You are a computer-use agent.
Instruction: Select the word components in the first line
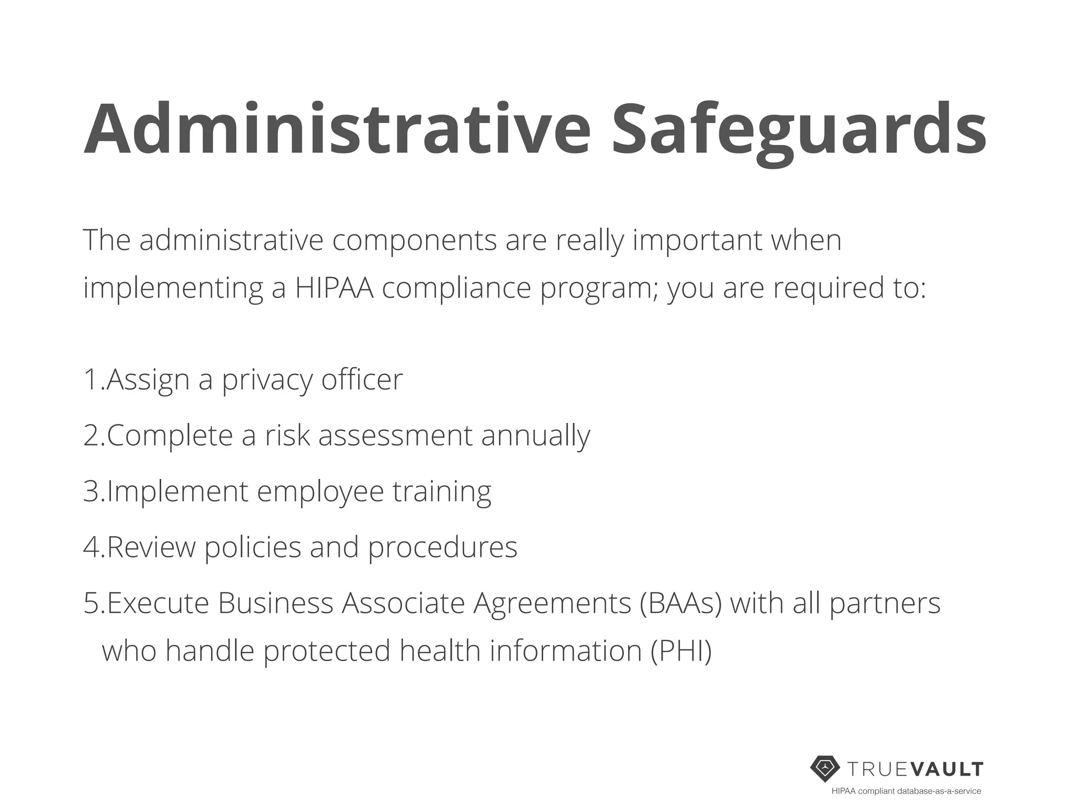(414, 240)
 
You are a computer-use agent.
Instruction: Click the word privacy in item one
(267, 380)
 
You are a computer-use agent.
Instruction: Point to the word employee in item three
(320, 492)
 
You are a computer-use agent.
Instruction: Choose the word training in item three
(442, 492)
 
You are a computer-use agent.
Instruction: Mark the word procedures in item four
(442, 548)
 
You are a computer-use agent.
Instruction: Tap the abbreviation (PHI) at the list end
(681, 651)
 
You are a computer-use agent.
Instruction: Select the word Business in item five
(275, 603)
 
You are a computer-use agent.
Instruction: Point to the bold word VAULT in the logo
(947, 769)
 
